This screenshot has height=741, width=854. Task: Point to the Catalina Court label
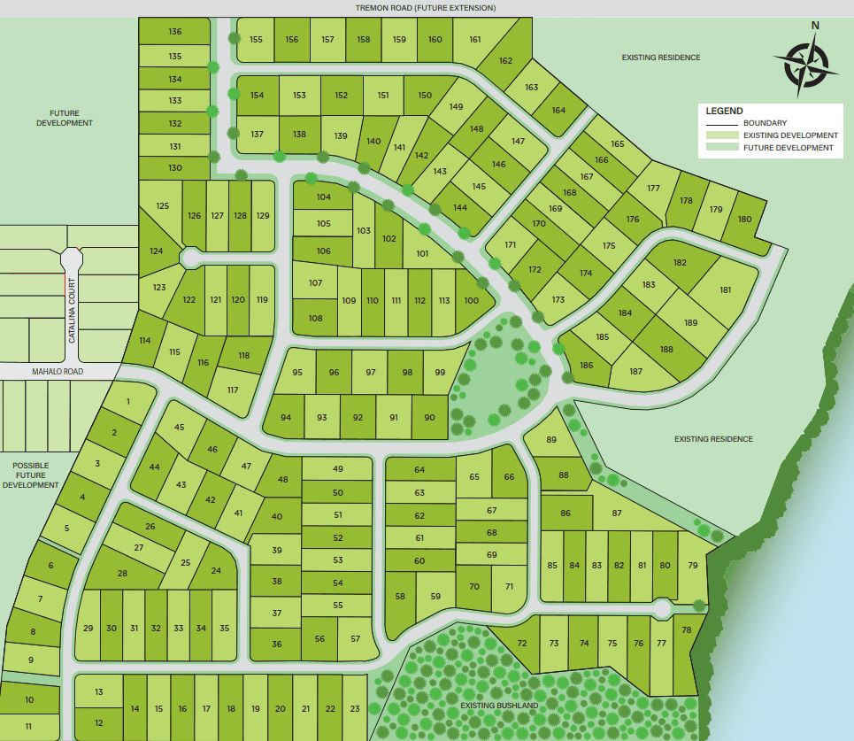click(x=73, y=311)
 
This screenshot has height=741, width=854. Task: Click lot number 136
click(x=174, y=33)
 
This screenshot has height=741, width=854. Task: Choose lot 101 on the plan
click(x=422, y=254)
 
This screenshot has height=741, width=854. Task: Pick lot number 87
click(x=617, y=513)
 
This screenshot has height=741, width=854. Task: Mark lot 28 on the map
click(x=122, y=573)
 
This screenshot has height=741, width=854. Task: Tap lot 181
click(x=726, y=290)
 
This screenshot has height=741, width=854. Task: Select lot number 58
click(x=400, y=597)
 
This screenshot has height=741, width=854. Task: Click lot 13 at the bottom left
click(x=99, y=692)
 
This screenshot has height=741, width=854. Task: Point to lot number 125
click(x=162, y=206)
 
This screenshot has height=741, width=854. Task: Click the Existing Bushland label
click(x=499, y=706)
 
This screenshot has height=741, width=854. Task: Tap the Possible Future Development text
click(x=31, y=475)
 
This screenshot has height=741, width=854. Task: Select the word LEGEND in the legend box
click(x=724, y=111)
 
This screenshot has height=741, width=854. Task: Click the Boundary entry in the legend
click(x=765, y=123)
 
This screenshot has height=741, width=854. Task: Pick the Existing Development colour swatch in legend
click(x=721, y=135)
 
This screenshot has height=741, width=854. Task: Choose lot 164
click(x=558, y=111)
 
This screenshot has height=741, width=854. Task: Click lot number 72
click(x=522, y=644)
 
